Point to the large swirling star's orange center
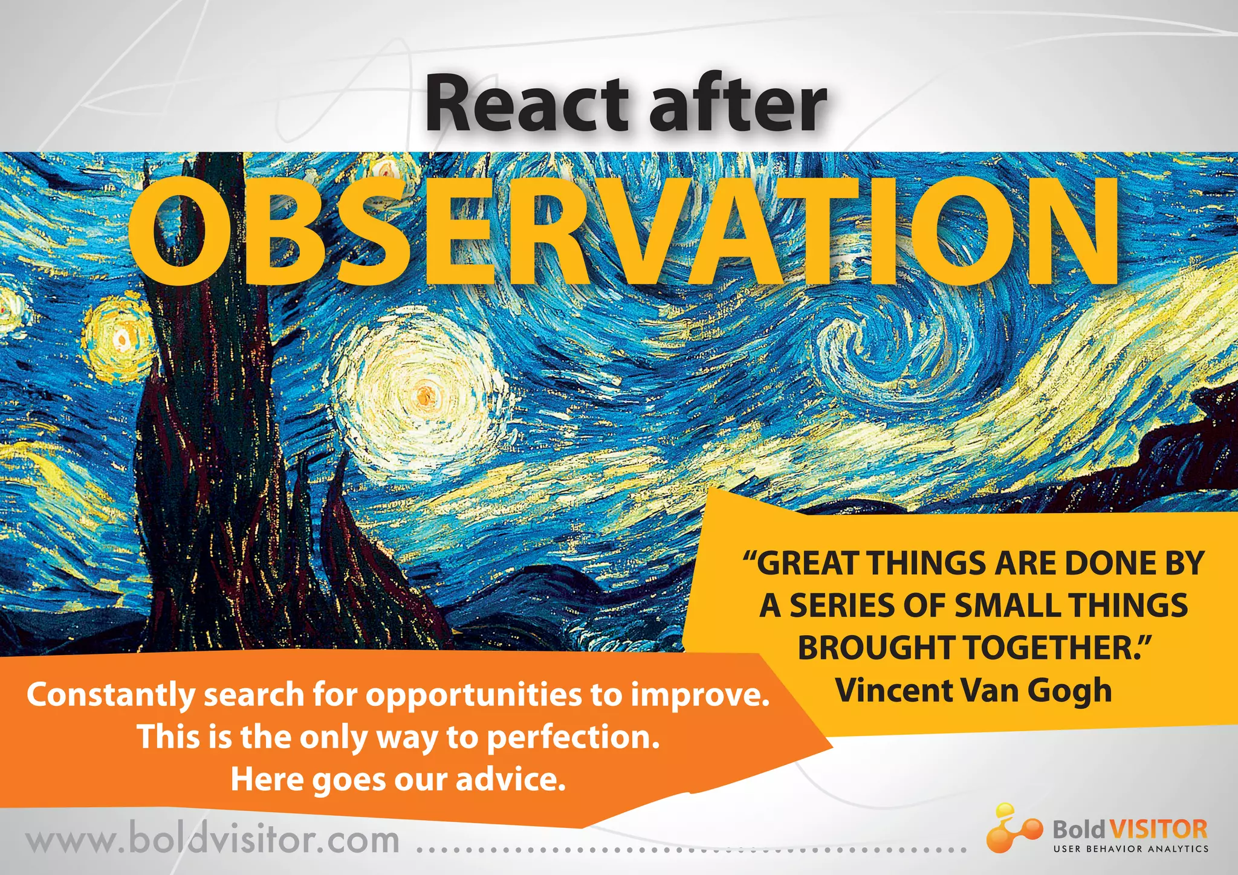click(425, 394)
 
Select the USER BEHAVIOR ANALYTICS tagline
click(1130, 849)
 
